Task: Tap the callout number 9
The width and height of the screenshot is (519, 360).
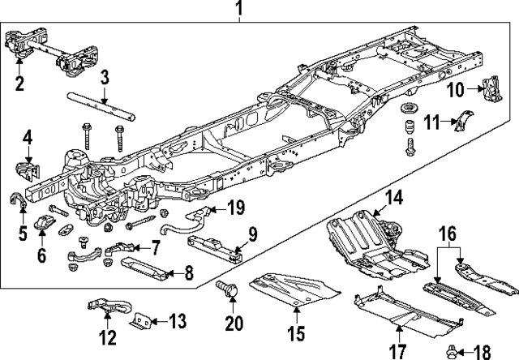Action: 252,235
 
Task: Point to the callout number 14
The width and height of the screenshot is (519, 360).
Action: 393,197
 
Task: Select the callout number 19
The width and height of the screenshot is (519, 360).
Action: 236,209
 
